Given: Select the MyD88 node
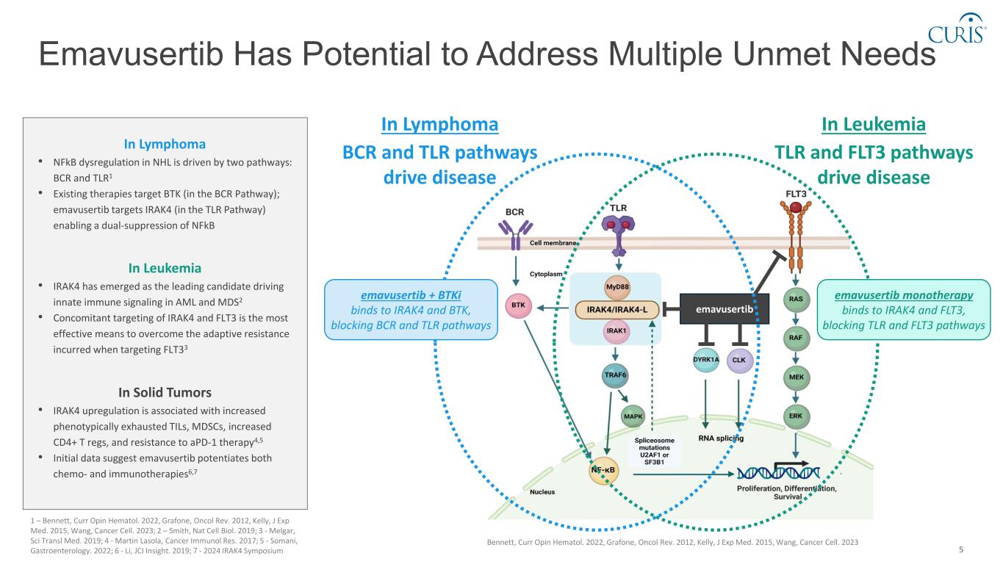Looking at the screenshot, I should pos(616,287).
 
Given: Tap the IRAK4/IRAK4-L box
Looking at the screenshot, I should pos(616,309).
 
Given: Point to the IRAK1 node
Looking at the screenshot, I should pos(616,331).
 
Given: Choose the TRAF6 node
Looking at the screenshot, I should pos(615,376).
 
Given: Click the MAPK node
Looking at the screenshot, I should pos(633,416).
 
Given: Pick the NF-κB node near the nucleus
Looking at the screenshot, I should pos(603,468).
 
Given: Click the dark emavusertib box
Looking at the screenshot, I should pos(725,309).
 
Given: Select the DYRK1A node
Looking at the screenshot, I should pos(706,360).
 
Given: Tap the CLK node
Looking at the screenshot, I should pos(739,360).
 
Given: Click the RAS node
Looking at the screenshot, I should pos(795,300).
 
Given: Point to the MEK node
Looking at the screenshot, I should pos(795,377).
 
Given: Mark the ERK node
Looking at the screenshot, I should pos(795,416).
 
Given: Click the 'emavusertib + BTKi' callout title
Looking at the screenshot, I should pos(411,294).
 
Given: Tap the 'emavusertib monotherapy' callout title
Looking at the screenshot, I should pos(904,294).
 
